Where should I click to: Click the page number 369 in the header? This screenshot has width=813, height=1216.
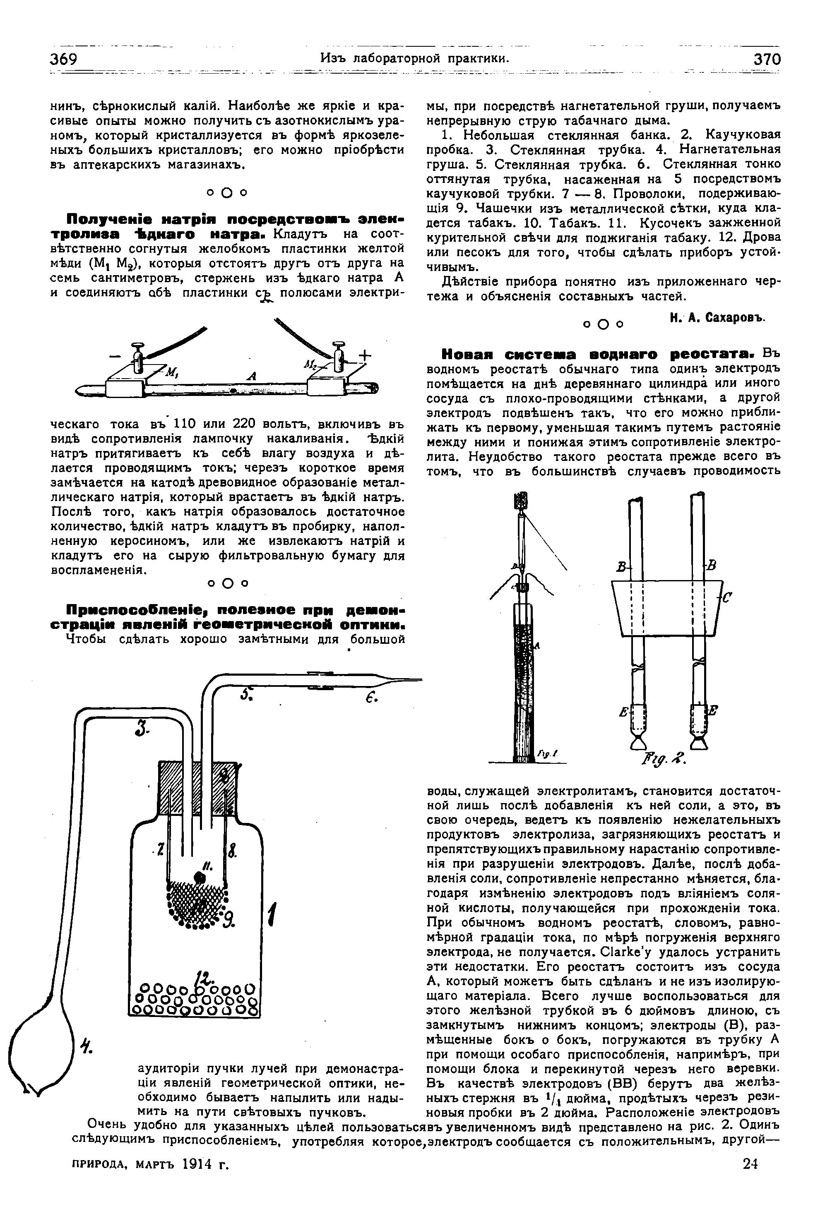pyautogui.click(x=64, y=59)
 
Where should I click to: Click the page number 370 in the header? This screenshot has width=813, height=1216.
pyautogui.click(x=767, y=59)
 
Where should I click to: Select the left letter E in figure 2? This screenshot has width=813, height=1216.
pyautogui.click(x=624, y=712)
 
